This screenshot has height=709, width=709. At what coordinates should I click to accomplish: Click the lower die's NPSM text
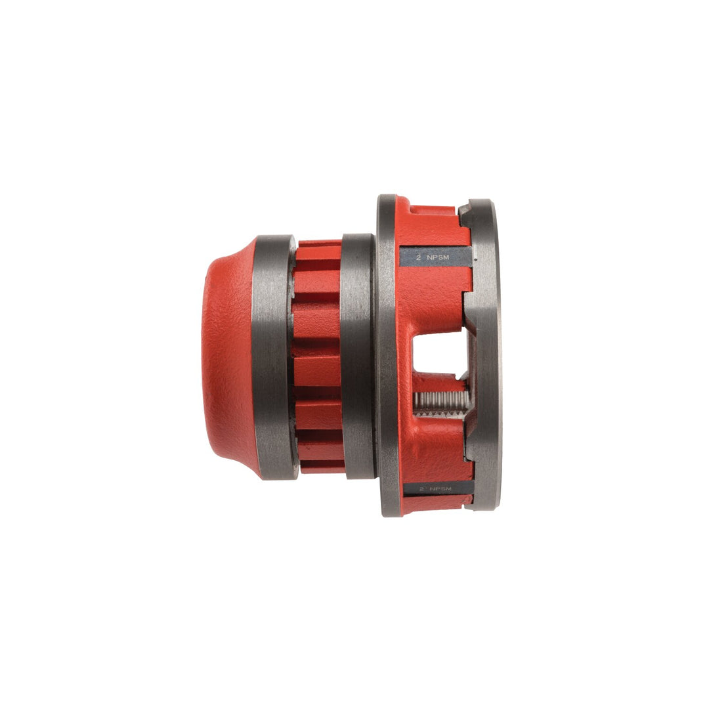pyautogui.click(x=444, y=489)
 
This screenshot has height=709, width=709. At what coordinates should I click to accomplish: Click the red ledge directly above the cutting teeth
pyautogui.click(x=437, y=381)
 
